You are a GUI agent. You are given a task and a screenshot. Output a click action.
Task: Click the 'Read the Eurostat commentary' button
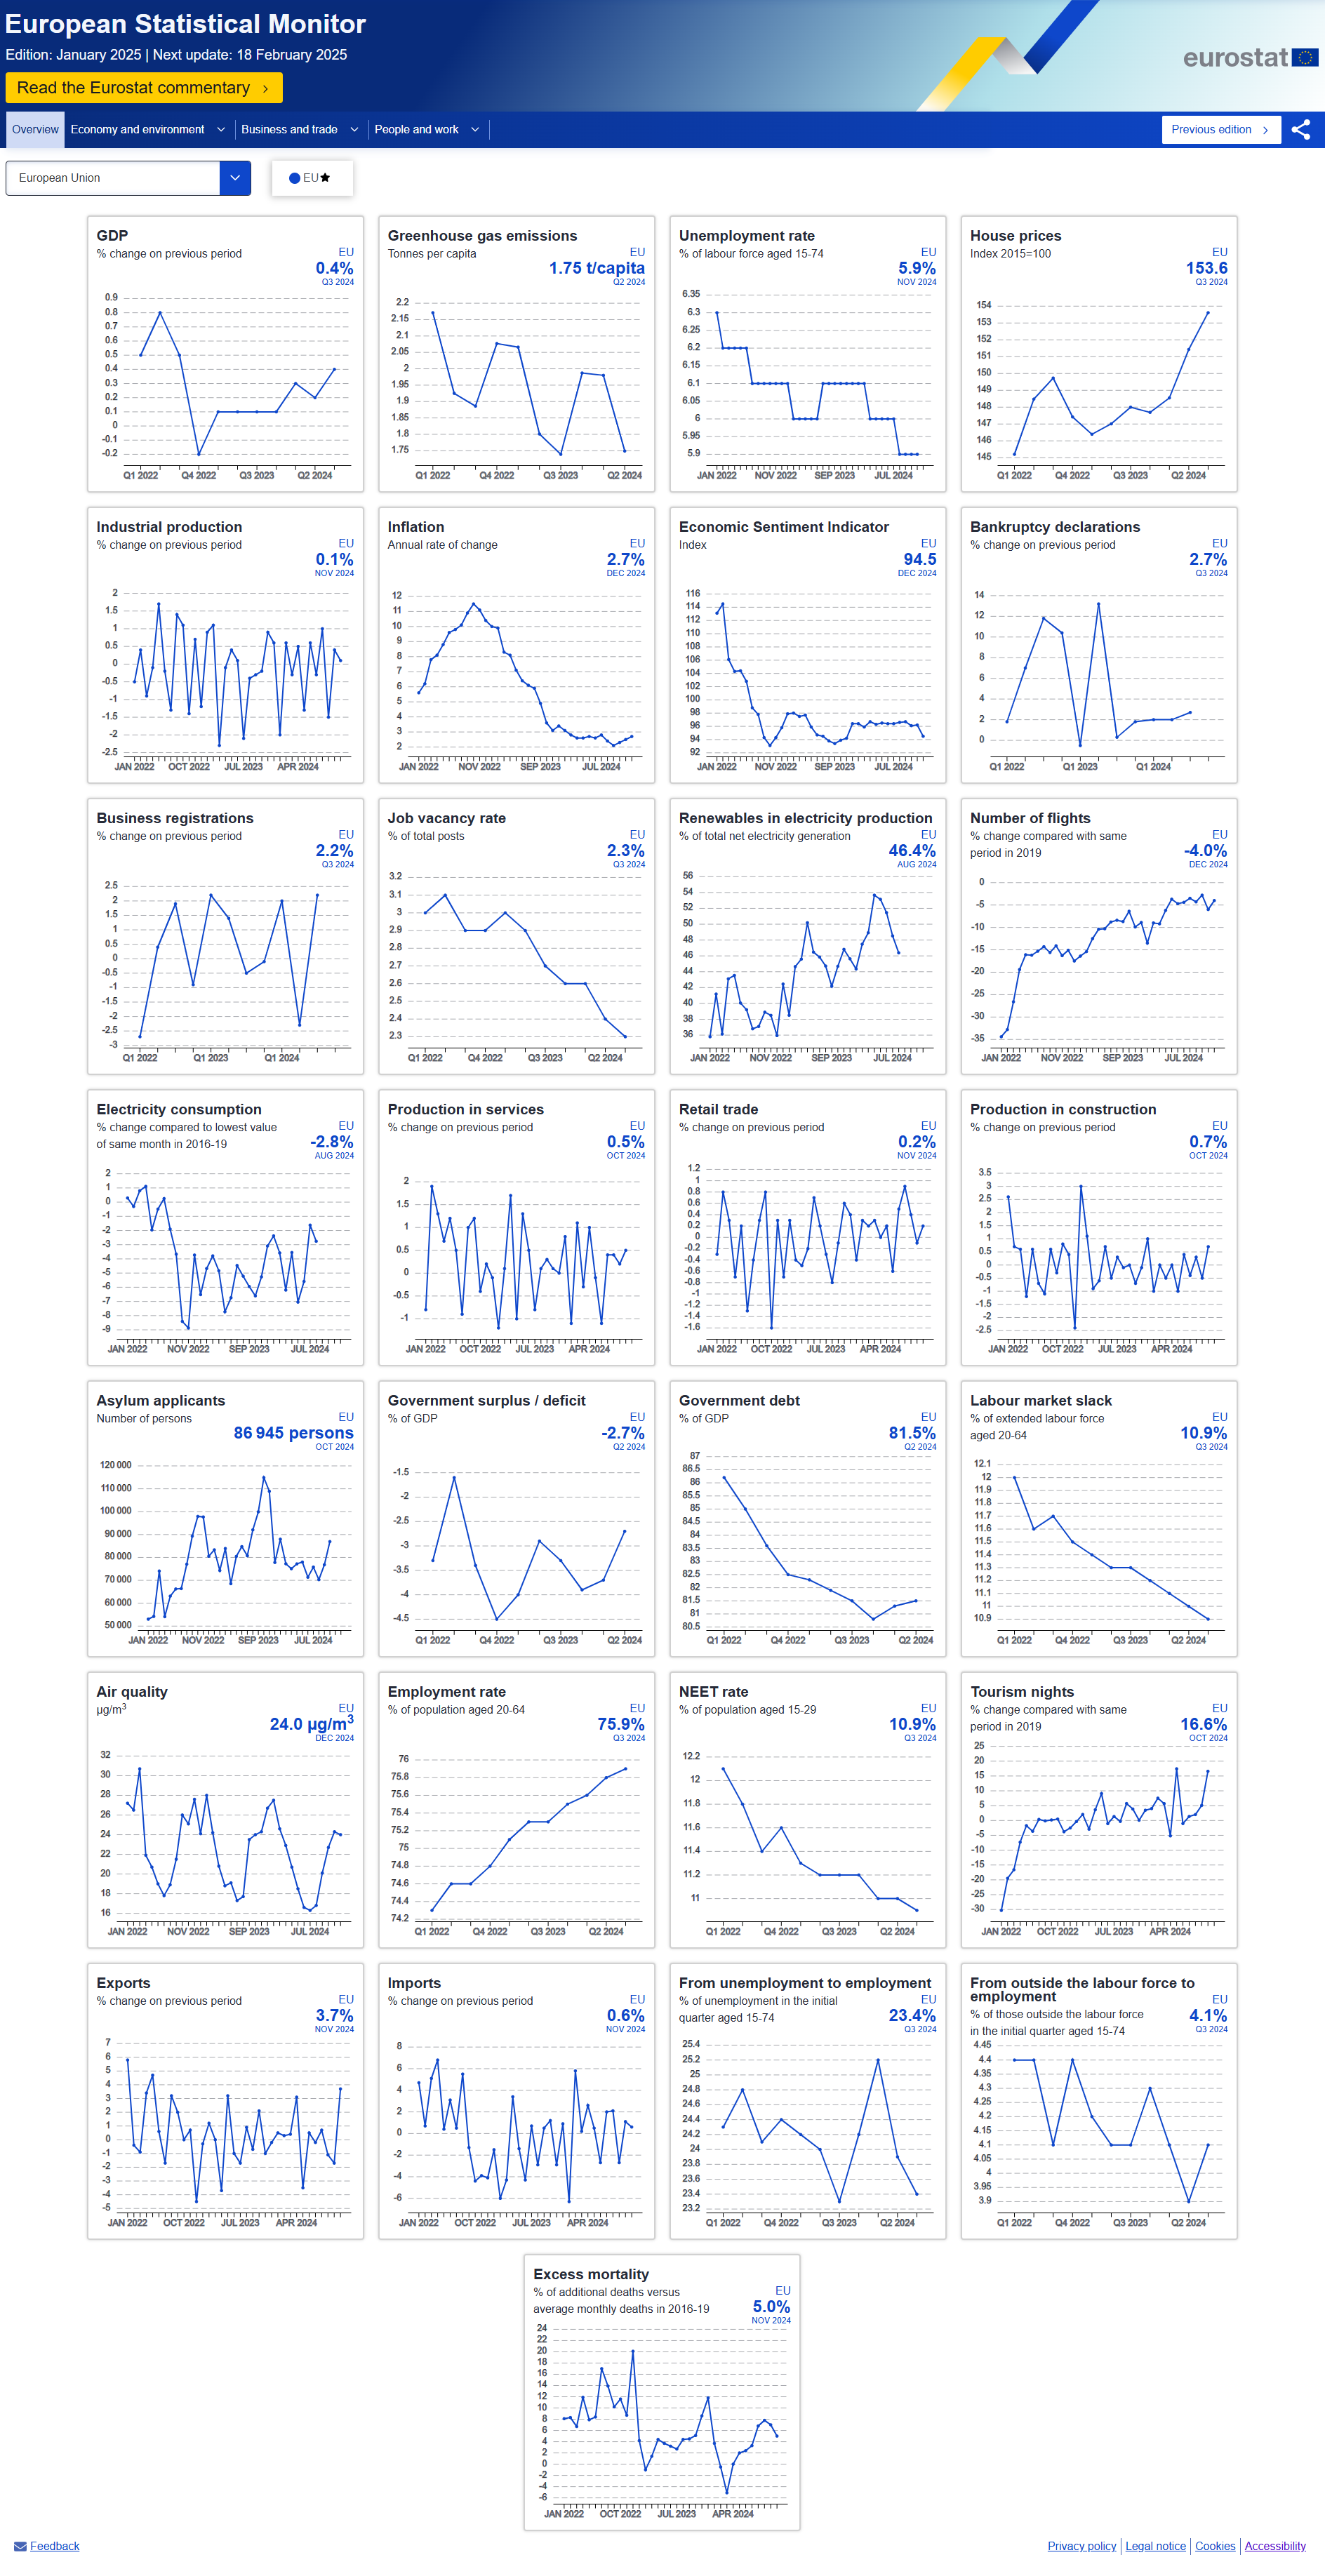[x=143, y=88]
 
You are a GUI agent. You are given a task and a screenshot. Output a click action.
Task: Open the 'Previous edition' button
[x=1220, y=129]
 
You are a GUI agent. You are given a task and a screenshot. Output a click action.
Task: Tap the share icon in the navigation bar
[x=1300, y=129]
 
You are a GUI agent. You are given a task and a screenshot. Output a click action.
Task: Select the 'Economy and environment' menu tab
[x=147, y=129]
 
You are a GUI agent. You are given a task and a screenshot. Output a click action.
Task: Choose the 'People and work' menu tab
[x=426, y=129]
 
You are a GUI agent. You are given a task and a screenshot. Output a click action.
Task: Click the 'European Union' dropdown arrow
[x=235, y=178]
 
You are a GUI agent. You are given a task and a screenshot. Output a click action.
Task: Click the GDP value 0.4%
[x=334, y=267]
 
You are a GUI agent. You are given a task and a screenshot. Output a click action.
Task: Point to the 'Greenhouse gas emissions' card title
[x=482, y=236]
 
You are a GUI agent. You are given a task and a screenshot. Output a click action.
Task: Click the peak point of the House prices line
[x=1208, y=312]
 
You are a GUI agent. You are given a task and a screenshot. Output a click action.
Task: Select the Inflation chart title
[x=415, y=527]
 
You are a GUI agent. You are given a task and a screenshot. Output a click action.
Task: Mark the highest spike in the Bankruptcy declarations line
[x=1098, y=603]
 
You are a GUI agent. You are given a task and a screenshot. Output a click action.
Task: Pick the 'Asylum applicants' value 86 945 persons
[x=293, y=1433]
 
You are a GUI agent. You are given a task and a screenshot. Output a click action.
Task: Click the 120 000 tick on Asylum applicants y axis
[x=115, y=1465]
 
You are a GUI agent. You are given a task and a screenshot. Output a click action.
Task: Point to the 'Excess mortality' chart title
[x=591, y=2274]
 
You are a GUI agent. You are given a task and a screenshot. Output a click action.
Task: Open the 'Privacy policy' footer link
[x=1081, y=2546]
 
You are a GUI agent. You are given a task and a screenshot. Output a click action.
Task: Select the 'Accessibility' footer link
[x=1275, y=2546]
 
